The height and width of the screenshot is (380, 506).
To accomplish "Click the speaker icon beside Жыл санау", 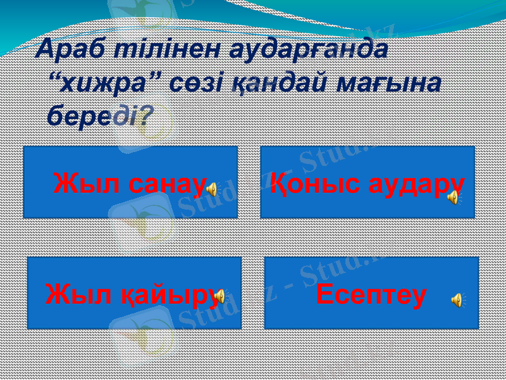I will (x=213, y=188).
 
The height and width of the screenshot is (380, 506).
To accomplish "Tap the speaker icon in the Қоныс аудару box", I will (x=454, y=198).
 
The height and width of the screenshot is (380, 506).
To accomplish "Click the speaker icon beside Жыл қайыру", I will (x=219, y=296).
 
